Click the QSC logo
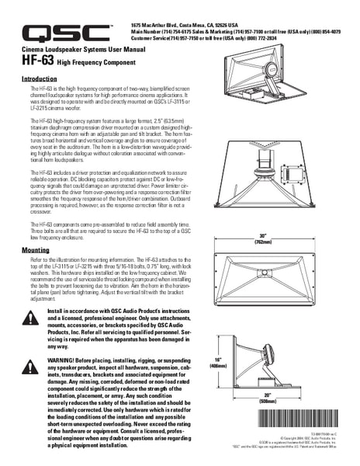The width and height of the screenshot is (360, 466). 66,32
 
